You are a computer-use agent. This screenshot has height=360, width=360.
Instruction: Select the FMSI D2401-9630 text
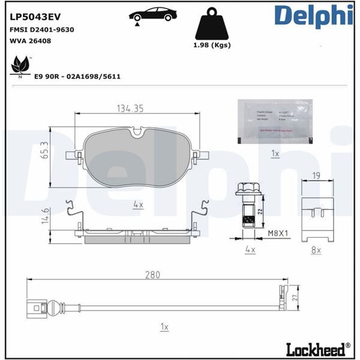[x=41, y=29]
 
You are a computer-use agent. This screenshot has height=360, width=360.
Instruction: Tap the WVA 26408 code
[x=30, y=42]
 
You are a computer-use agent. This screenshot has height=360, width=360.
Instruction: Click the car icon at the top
[x=152, y=14]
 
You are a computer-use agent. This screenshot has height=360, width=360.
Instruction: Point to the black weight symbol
[x=212, y=25]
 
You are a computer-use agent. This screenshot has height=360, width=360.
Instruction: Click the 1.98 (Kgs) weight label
[x=213, y=45]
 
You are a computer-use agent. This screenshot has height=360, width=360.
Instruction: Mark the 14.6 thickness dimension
[x=44, y=215]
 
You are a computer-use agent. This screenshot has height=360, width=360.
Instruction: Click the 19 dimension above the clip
[x=316, y=175]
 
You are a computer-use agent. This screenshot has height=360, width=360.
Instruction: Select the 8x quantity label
[x=316, y=249]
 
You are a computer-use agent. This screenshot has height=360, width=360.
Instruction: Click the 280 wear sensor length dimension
[x=153, y=275]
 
